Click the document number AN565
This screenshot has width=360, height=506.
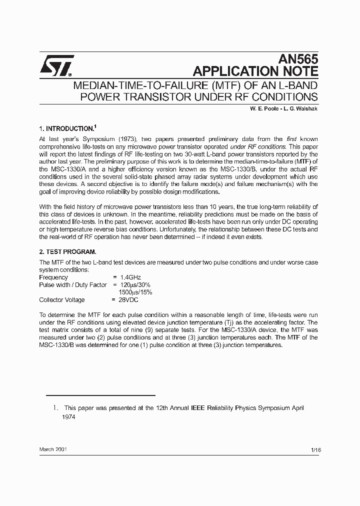(299, 58)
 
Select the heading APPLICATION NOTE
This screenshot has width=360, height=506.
(255, 70)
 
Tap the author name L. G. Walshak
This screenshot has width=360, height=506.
(299, 109)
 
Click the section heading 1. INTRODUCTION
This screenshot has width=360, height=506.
(66, 128)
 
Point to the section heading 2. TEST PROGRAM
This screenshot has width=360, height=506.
(67, 251)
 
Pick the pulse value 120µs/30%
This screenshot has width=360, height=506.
(135, 285)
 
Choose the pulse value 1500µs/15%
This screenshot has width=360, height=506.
(135, 292)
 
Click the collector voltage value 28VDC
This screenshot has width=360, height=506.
(128, 300)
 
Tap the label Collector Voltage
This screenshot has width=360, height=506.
(62, 300)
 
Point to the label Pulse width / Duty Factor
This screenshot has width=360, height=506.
(73, 285)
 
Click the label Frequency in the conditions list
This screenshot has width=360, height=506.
(53, 277)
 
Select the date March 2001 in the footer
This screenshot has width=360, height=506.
(53, 449)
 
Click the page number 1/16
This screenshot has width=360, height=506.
(315, 450)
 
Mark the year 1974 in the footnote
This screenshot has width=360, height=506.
(68, 416)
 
